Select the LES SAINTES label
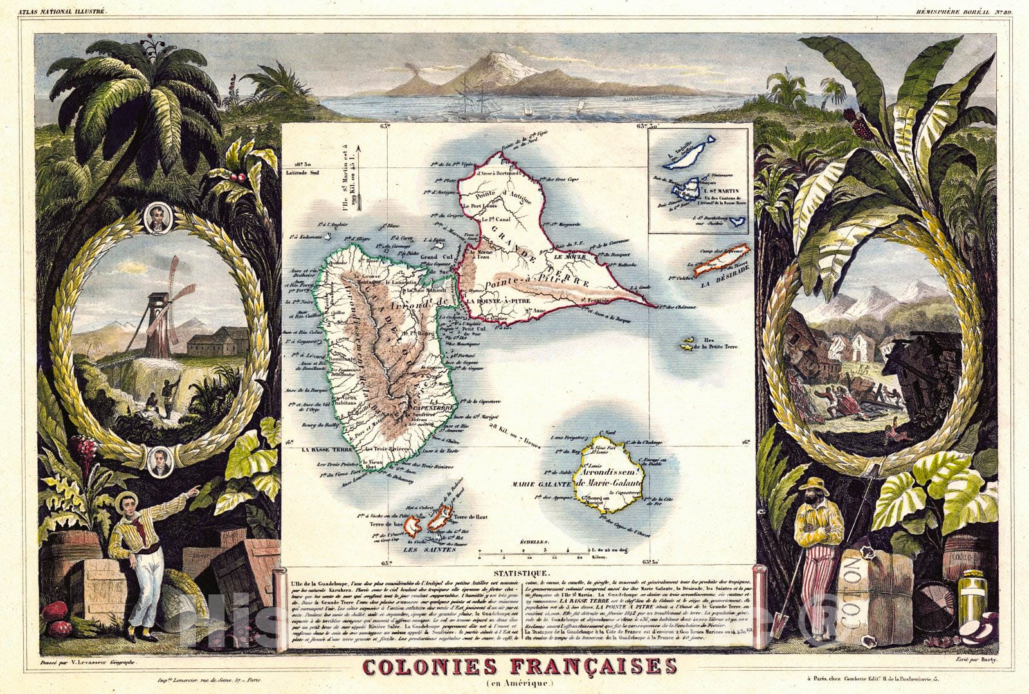coord(430,550)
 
